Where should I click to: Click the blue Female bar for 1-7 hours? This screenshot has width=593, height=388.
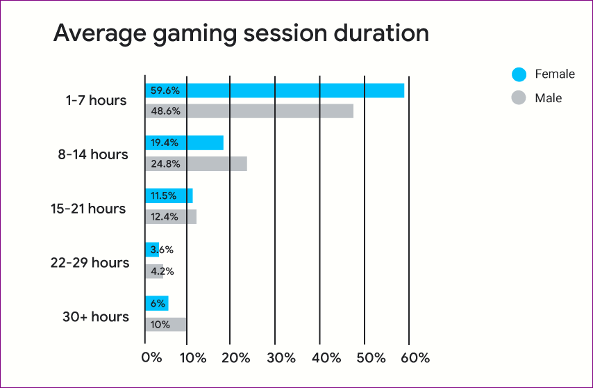(274, 90)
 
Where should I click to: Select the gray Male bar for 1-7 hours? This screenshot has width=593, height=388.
(249, 111)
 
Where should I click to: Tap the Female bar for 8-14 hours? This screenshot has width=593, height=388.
(184, 143)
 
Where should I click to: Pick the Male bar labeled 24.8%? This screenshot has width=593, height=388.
(197, 164)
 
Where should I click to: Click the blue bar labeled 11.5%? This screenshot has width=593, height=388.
(169, 195)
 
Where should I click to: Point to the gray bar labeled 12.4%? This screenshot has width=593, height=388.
(171, 216)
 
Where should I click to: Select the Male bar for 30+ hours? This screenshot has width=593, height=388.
(166, 325)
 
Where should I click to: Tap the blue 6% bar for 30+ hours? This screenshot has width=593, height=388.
(157, 303)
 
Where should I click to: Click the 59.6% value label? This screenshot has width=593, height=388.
(165, 91)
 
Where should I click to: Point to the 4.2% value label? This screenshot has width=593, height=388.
(162, 271)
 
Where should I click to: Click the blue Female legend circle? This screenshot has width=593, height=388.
(519, 74)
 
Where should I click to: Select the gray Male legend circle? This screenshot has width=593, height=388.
(519, 97)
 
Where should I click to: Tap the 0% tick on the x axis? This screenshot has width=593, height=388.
(152, 357)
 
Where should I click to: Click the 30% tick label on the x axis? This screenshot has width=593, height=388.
(281, 357)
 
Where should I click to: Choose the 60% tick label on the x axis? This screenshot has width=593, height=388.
(415, 357)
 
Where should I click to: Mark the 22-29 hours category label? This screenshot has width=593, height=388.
(90, 262)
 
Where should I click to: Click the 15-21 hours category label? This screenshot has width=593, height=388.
(88, 209)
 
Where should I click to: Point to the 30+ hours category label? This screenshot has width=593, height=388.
(96, 316)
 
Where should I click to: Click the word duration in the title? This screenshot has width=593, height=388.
(381, 33)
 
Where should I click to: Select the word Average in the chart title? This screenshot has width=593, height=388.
(100, 34)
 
